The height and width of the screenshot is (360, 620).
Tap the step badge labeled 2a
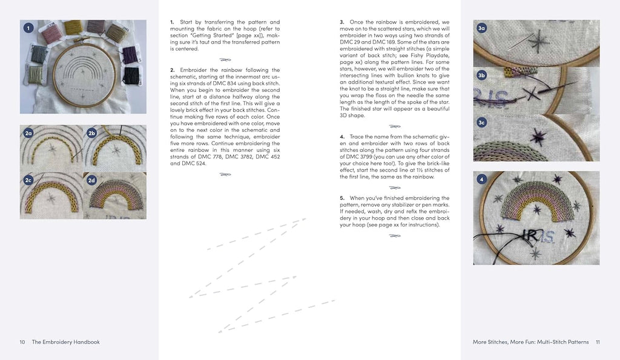point(28,133)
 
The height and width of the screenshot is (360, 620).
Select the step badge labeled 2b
point(92,133)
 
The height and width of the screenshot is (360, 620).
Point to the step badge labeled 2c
point(28,180)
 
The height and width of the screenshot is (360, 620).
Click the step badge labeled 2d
point(92,180)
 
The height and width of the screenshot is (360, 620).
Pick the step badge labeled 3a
point(482,28)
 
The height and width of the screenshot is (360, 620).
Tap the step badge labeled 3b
point(482,76)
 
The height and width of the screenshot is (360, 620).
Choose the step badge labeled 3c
point(482,123)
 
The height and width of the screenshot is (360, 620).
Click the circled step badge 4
point(482,179)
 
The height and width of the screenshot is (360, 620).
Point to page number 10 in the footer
point(22,342)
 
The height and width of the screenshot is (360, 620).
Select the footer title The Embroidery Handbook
point(65,342)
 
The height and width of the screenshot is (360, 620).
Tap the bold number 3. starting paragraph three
point(343,22)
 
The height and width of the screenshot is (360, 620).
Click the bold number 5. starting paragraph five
point(343,198)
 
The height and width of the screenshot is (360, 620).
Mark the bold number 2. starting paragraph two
point(173,70)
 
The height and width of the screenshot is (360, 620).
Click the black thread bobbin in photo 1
point(131,76)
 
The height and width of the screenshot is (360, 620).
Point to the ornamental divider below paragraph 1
point(225,59)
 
